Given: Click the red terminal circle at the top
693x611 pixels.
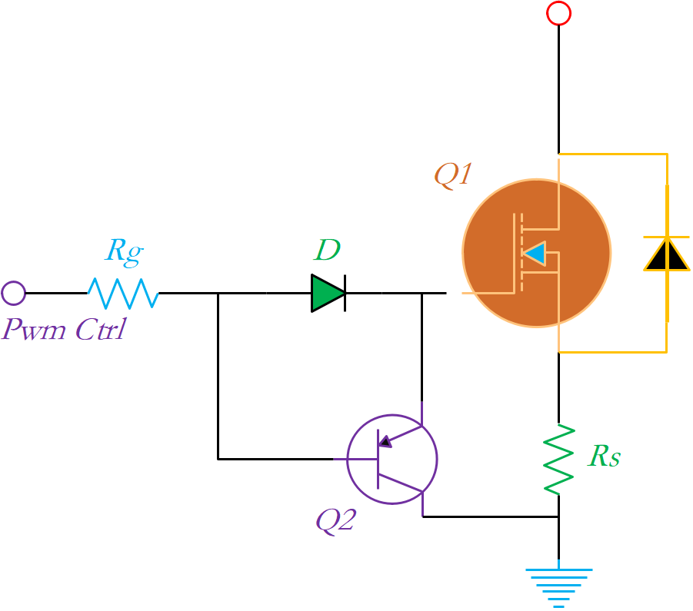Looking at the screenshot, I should click(558, 13).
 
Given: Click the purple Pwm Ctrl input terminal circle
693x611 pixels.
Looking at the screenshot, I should click(13, 293).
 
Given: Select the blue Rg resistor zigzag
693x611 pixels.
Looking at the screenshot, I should click(122, 293).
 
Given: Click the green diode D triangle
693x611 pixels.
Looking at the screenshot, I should click(328, 293).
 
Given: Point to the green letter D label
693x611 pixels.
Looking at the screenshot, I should click(328, 251).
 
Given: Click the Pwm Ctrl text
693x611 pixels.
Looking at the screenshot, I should click(63, 330).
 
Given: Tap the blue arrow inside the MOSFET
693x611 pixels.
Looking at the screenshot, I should click(535, 254).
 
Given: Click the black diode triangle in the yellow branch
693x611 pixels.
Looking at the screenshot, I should click(666, 254).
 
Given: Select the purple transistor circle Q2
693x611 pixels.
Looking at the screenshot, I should click(391, 459).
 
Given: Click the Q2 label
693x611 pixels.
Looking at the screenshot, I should click(335, 521).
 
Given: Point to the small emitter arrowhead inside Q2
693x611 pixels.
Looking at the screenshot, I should click(385, 441).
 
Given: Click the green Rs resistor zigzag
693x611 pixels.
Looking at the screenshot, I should click(559, 458).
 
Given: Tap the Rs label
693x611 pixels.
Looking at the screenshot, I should click(604, 457).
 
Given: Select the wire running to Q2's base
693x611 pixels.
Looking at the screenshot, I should click(277, 459).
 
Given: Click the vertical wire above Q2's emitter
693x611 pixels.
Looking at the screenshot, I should click(421, 346).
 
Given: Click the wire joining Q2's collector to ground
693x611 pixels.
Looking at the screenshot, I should click(492, 516).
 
